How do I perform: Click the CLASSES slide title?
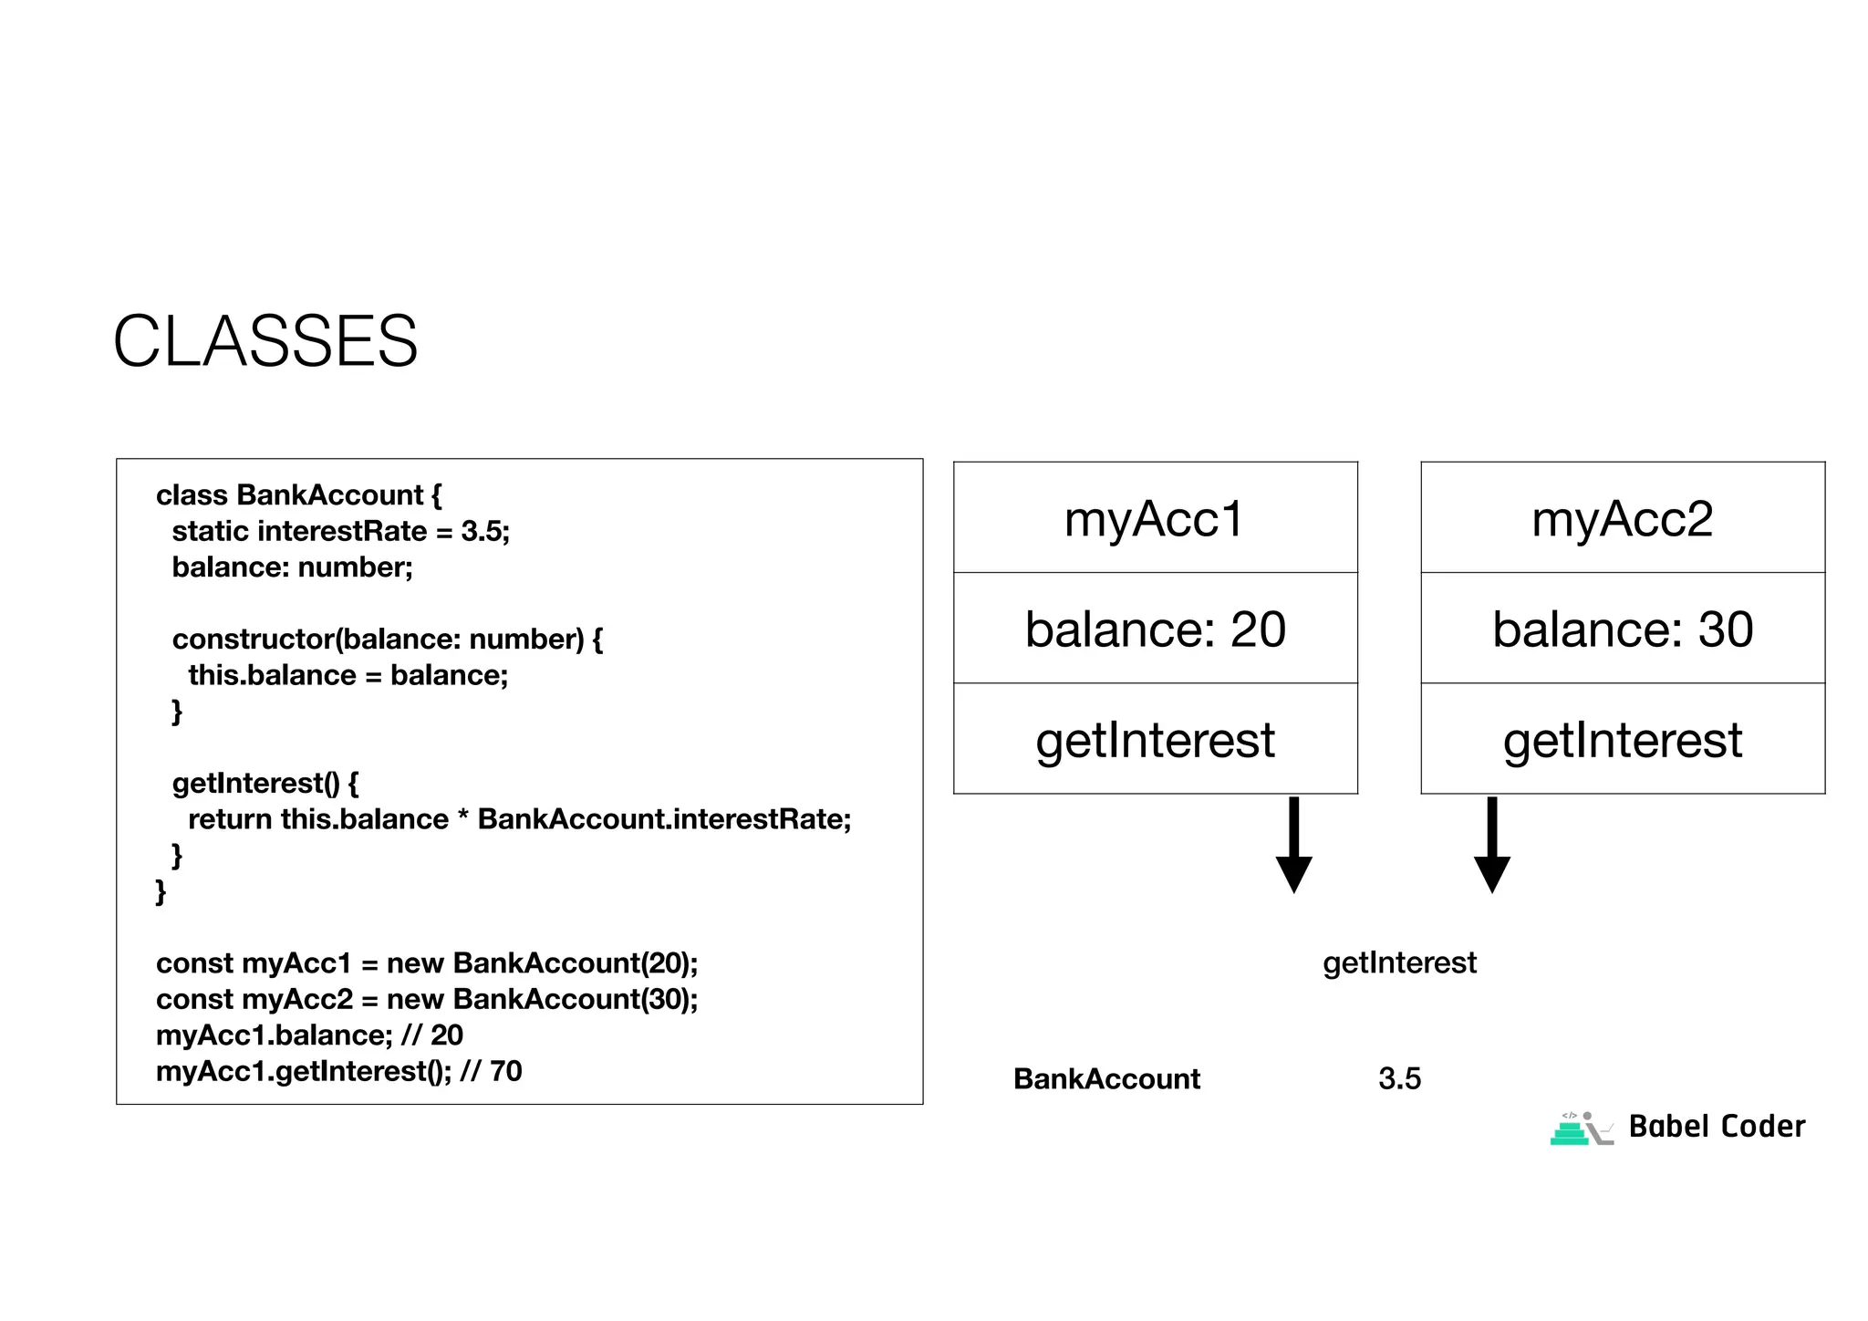[x=265, y=341]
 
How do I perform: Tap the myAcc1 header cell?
[x=1155, y=518]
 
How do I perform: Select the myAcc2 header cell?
[x=1622, y=518]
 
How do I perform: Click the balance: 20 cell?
[x=1155, y=629]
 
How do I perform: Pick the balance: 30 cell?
[x=1622, y=629]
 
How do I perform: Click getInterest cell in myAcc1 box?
[x=1155, y=739]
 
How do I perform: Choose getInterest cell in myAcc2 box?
[x=1622, y=739]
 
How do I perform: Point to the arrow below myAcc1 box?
[x=1293, y=845]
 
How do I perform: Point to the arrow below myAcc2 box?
[x=1491, y=845]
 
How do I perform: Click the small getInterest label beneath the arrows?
[x=1399, y=962]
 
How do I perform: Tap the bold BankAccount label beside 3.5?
[x=1106, y=1078]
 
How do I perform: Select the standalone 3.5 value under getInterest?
[x=1399, y=1078]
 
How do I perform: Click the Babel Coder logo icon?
[x=1581, y=1129]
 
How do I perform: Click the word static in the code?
[x=211, y=531]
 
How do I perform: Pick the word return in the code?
[x=230, y=819]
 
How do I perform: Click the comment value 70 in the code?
[x=505, y=1071]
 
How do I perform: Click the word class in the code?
[x=192, y=495]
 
